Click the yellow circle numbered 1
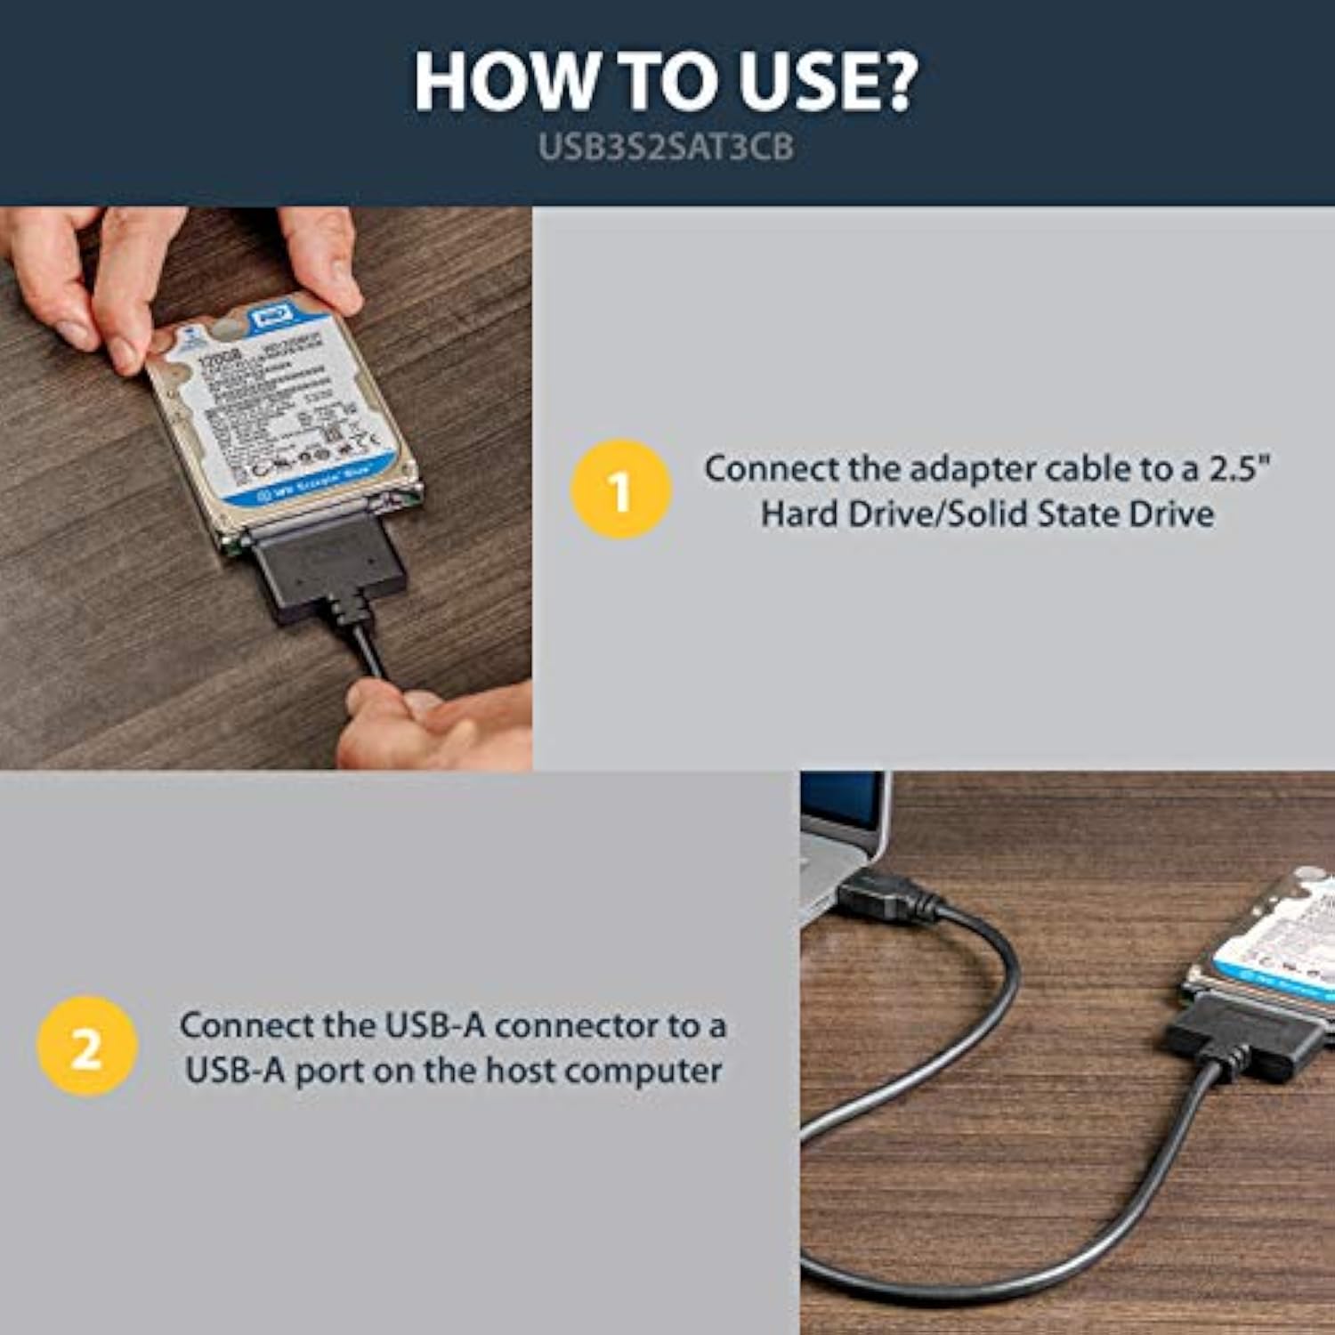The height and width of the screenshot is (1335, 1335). tap(620, 489)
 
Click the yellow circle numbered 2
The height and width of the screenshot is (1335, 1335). tap(86, 1047)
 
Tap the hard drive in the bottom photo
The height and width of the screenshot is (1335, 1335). tap(1273, 952)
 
